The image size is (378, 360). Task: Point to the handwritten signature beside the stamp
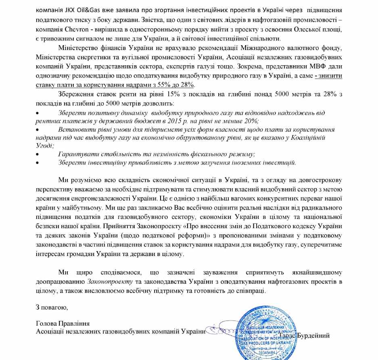(218, 331)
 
